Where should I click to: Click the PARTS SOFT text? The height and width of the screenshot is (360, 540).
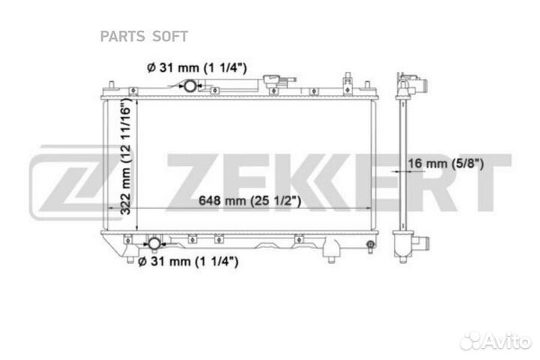[144, 37]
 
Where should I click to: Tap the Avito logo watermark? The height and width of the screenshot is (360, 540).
[496, 341]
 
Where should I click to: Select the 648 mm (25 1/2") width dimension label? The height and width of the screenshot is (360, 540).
[250, 200]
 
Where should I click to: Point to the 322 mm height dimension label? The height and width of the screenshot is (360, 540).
[126, 156]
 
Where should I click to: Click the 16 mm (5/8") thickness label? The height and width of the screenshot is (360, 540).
[446, 163]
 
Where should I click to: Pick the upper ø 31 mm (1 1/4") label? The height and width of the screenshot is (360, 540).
[196, 67]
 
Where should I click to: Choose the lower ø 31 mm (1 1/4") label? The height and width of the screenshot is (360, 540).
[188, 262]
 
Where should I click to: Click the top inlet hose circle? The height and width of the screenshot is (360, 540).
[190, 85]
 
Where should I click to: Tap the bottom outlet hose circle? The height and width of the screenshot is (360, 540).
[154, 244]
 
